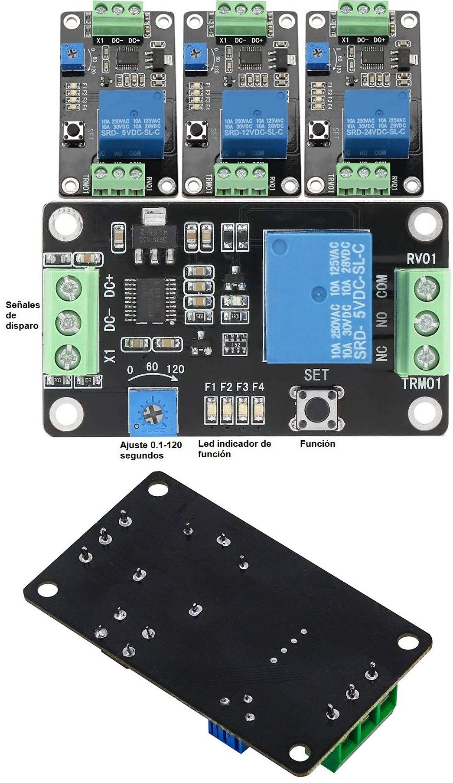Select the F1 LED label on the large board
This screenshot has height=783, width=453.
210,387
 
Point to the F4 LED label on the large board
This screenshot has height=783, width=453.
258,387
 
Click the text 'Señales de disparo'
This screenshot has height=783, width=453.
23,315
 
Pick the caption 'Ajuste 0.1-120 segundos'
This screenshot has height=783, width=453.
150,450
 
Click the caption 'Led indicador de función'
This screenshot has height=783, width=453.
234,449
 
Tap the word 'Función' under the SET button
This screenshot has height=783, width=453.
317,443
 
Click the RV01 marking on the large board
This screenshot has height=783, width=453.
421,259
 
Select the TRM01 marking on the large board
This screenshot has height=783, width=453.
421,383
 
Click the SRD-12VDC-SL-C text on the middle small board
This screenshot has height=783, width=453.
253,132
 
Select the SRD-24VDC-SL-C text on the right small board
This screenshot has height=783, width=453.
375,131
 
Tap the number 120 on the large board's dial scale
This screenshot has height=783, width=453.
175,369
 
